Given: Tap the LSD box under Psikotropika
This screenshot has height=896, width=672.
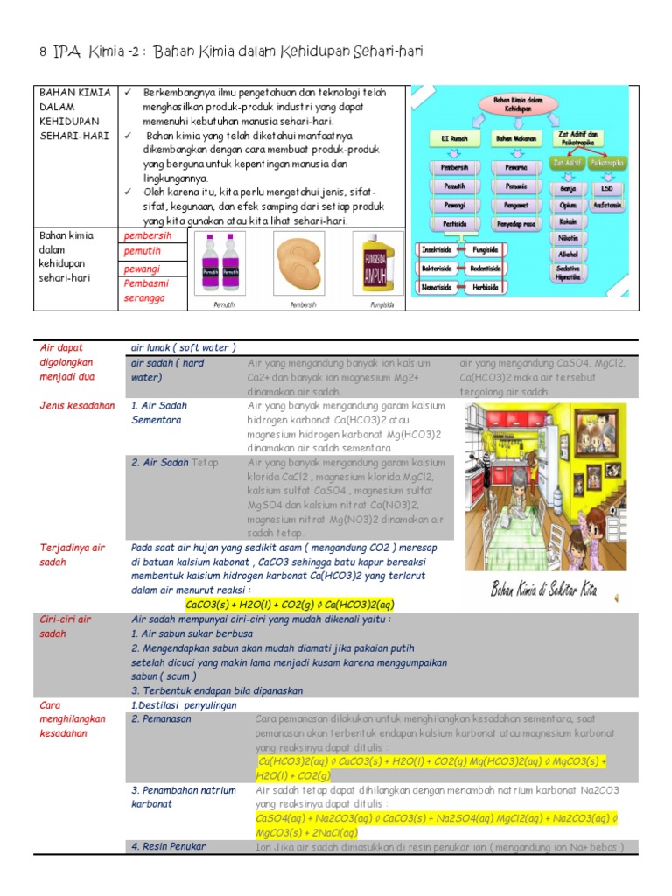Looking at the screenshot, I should point(606,188).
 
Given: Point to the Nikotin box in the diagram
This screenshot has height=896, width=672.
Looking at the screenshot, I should point(567,238).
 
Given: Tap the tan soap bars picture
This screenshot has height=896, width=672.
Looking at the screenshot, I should point(302,266).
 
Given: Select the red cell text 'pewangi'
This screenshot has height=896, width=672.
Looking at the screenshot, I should point(140,267).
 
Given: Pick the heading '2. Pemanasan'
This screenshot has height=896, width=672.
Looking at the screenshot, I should point(161,719).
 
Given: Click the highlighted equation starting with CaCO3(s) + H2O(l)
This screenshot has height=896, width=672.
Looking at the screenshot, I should point(290,604).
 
